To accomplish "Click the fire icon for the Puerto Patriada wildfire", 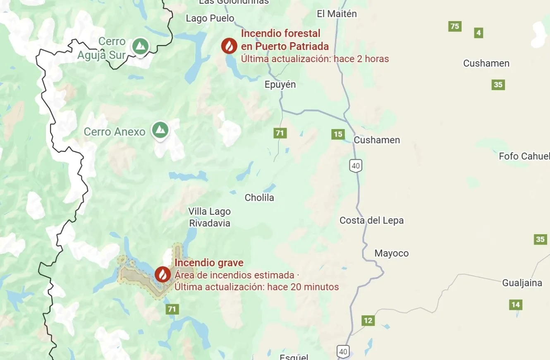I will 229,46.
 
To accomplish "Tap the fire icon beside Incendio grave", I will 163,274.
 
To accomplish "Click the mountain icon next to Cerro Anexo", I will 160,130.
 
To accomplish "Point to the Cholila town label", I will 259,198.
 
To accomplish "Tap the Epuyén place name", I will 280,84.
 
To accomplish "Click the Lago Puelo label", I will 210,18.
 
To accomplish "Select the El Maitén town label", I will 337,14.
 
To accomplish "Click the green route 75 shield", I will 454,26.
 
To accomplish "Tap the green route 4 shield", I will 478,33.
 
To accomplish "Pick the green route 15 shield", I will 338,134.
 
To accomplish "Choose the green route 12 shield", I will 368,321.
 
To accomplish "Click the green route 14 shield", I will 515,305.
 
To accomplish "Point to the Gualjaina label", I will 522,283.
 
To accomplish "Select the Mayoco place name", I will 391,253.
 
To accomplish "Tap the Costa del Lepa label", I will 371,221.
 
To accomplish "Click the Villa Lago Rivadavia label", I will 210,217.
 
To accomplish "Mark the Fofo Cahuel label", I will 524,156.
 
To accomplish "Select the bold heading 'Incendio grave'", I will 209,263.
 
